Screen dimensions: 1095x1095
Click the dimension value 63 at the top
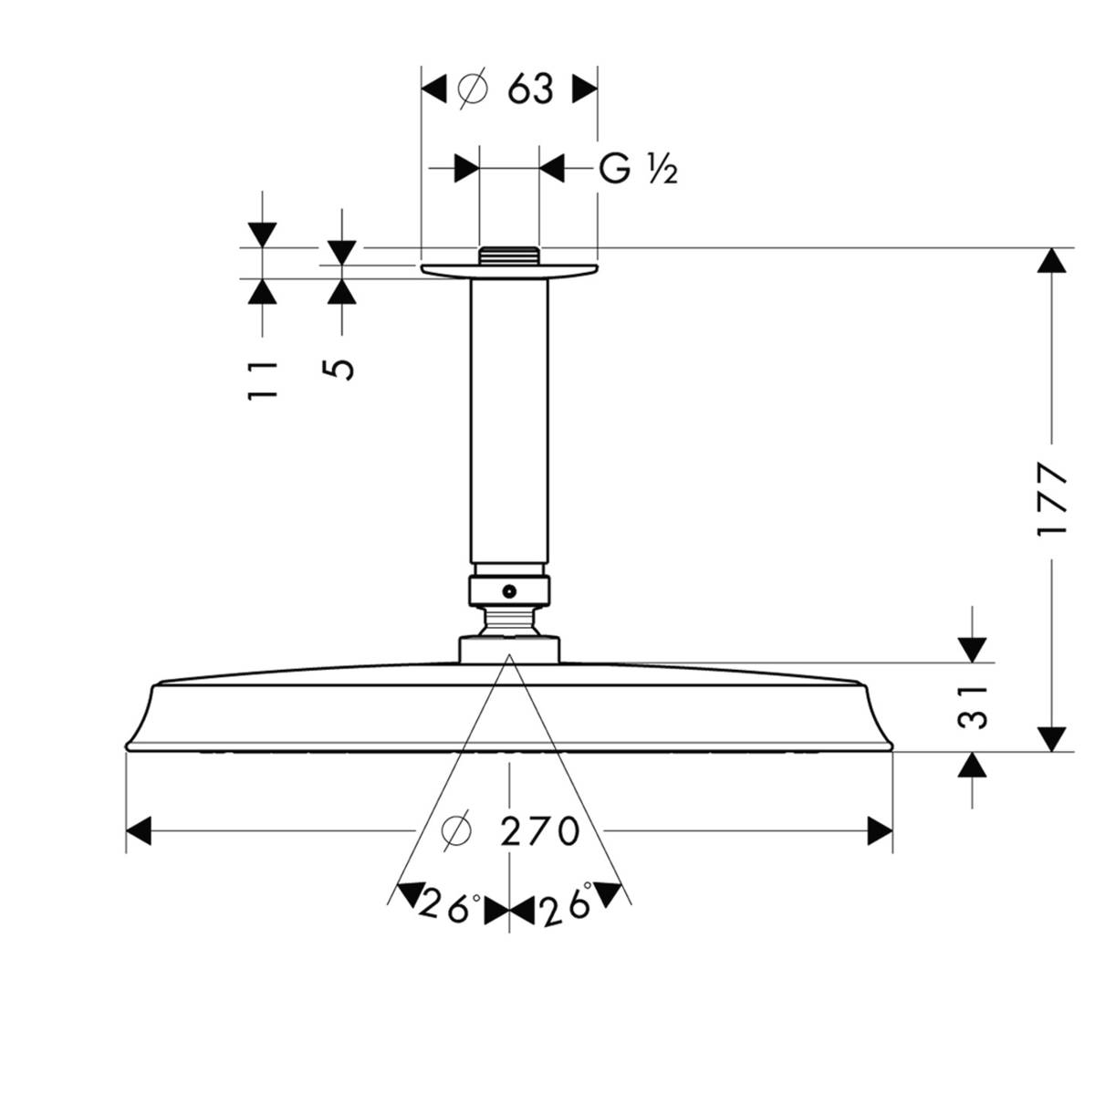(x=530, y=89)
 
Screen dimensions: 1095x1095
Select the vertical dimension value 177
(x=1054, y=500)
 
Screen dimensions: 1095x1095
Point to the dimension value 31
(x=975, y=706)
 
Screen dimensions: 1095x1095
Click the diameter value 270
(x=540, y=831)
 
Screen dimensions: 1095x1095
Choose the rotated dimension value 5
(x=340, y=368)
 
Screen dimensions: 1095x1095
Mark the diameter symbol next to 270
(x=455, y=831)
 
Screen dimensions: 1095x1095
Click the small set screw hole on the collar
(x=509, y=590)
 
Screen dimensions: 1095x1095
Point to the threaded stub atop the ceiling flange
(x=508, y=256)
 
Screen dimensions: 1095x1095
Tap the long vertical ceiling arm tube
(x=508, y=420)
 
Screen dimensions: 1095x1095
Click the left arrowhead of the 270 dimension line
(x=138, y=831)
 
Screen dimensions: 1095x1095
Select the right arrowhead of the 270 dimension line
(x=881, y=831)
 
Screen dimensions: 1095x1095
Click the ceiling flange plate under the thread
(x=508, y=271)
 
